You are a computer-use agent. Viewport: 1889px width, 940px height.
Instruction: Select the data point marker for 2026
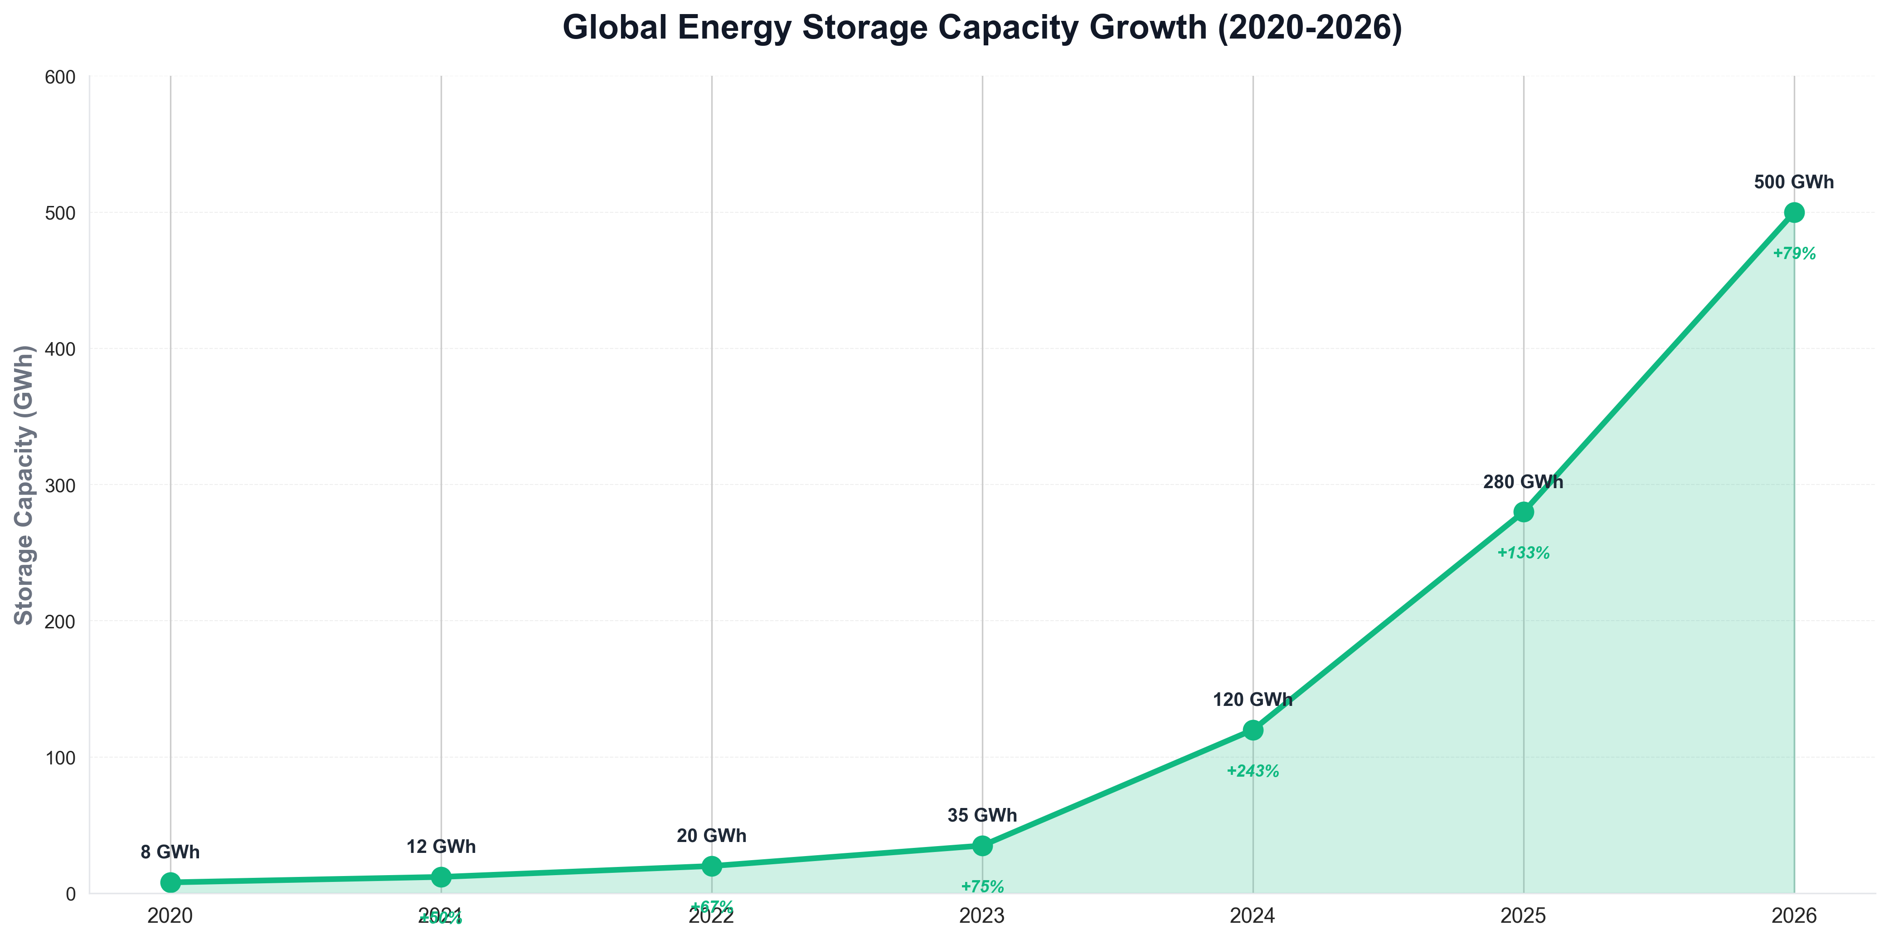(x=1794, y=213)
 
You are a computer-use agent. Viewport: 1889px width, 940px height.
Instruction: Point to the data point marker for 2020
(x=170, y=882)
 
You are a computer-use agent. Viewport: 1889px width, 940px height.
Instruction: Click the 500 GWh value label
(x=1794, y=182)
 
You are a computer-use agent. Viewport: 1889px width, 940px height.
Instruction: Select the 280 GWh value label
(x=1523, y=482)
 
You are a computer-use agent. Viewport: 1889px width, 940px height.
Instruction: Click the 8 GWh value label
(x=170, y=852)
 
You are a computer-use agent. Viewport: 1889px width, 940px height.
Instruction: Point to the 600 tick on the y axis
(x=62, y=77)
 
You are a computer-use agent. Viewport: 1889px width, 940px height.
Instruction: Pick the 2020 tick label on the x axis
(x=170, y=916)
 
